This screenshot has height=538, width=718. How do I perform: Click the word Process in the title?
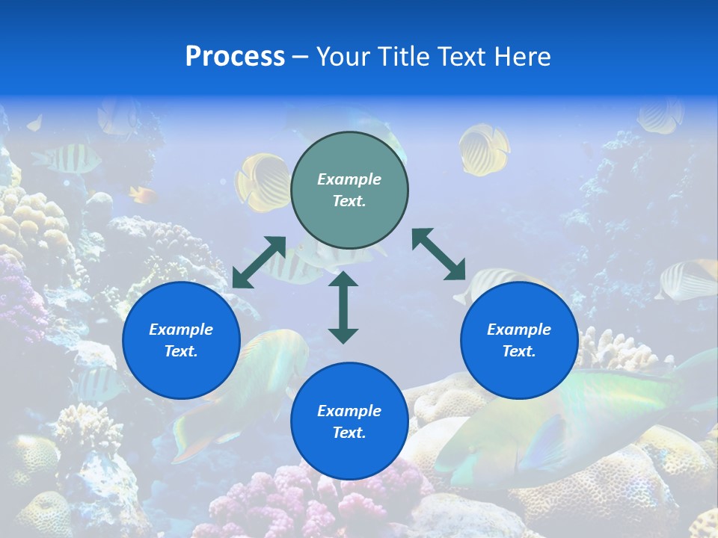point(235,57)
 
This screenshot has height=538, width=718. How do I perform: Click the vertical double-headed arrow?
point(343,307)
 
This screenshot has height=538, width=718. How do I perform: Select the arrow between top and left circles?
point(259,262)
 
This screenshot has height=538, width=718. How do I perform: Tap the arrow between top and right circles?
point(438,254)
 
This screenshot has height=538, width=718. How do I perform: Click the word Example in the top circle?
point(349,179)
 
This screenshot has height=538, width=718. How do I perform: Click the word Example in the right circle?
point(519,330)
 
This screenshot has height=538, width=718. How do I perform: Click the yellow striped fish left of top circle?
point(262,182)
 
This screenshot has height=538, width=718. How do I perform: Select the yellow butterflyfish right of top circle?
point(483,148)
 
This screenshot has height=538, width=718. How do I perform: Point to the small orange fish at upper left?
point(142,195)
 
